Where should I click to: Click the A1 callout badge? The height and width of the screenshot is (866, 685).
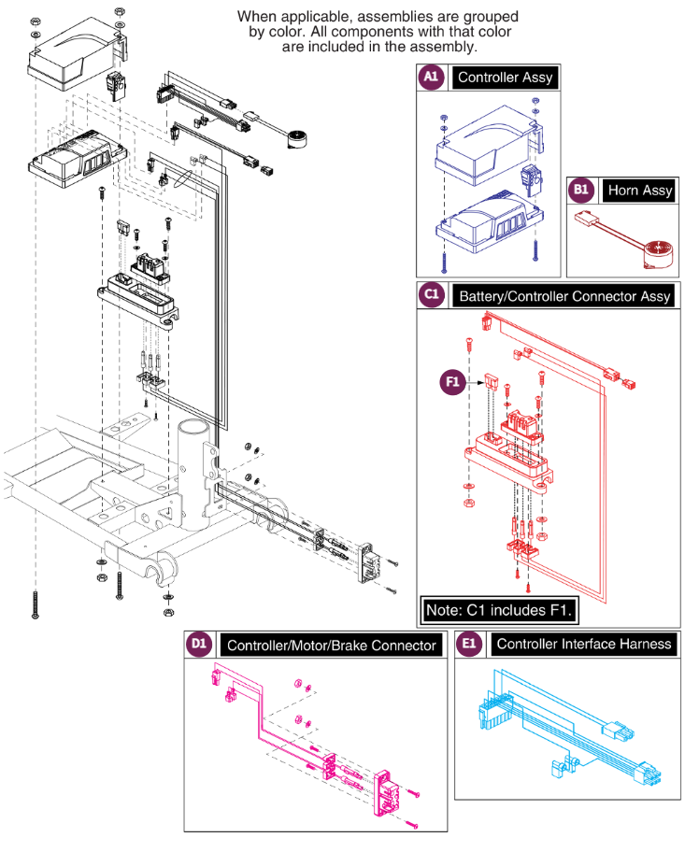point(431,77)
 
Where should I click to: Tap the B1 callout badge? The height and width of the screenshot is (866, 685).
point(580,190)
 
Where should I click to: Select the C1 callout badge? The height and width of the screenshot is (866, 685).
point(432,294)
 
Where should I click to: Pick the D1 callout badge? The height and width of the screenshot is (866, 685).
point(199,644)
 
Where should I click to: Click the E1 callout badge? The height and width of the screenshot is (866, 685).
point(468,644)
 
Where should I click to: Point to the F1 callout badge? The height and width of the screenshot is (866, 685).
point(452,382)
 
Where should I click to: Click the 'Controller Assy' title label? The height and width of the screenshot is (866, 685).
point(505,78)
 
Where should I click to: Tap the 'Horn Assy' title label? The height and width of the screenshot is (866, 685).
point(640,191)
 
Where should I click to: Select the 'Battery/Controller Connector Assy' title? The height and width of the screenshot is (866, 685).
point(564,296)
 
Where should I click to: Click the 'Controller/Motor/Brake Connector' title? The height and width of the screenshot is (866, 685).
point(332,646)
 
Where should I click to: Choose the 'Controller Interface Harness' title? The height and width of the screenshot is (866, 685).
point(583,644)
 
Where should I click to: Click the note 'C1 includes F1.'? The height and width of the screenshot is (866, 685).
point(499,610)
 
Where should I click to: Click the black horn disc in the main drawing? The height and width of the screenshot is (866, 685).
point(296,138)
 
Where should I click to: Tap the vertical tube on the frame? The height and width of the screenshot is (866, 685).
point(193,474)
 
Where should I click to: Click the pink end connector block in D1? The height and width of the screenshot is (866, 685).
point(384,793)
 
